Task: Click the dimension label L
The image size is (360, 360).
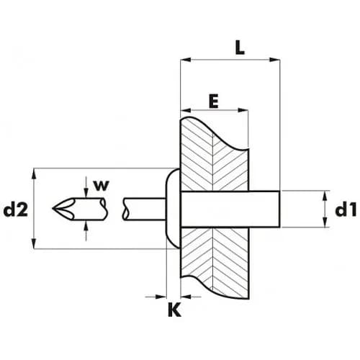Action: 240,48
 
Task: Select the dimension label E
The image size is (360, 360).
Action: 214,101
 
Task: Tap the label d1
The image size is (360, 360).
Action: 346,210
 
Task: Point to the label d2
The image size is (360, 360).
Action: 16,210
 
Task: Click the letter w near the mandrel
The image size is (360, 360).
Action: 102,186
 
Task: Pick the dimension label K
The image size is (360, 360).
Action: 174,310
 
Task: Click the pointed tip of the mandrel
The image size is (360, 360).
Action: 53,208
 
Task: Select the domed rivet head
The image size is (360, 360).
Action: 173,209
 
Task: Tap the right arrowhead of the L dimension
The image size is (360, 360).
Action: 274,60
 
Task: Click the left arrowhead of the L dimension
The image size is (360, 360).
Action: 186,60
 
